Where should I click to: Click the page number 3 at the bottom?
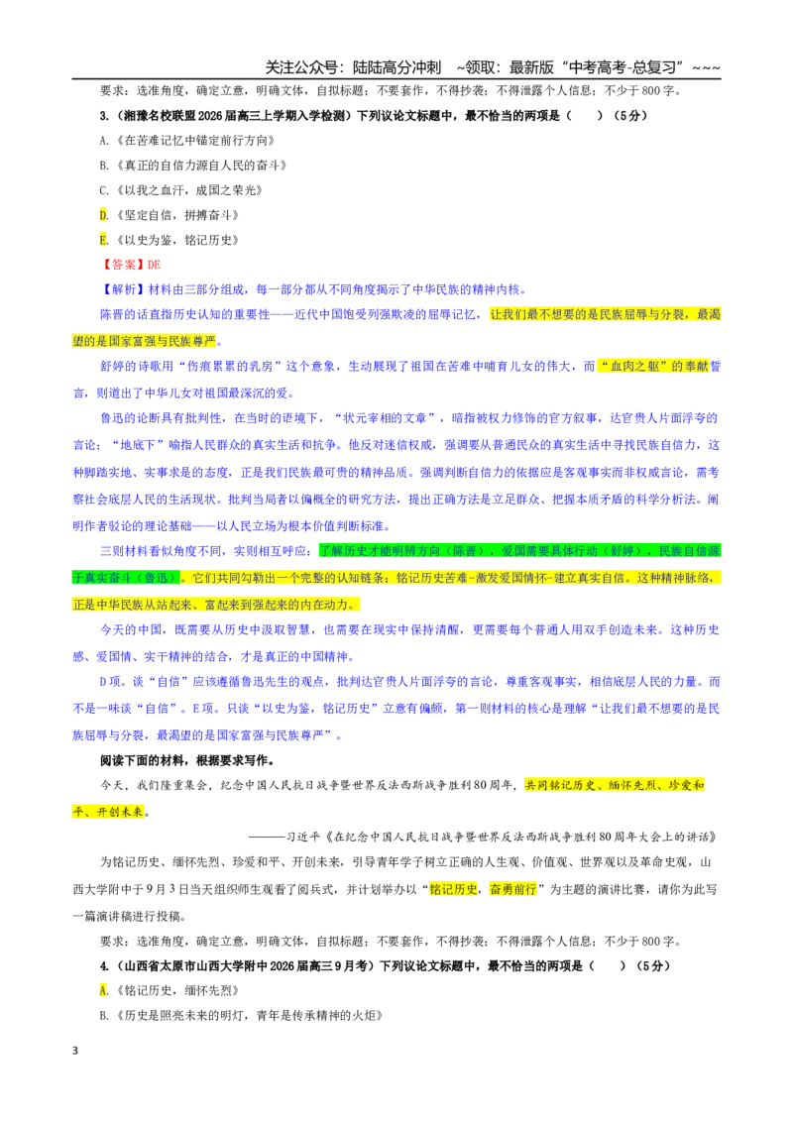(75, 1051)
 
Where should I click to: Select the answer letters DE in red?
(154, 265)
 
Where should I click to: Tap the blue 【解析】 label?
(122, 289)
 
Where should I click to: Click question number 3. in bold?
(104, 116)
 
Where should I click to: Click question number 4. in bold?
(104, 966)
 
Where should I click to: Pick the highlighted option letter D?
(104, 215)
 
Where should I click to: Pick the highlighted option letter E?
(104, 241)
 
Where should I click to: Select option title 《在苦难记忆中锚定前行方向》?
(194, 141)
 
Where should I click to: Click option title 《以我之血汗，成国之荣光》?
(188, 190)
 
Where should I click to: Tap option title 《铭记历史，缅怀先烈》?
(176, 991)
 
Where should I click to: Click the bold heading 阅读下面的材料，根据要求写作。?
(187, 760)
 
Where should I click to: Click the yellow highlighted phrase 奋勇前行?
(512, 889)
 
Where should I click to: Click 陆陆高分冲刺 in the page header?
(396, 67)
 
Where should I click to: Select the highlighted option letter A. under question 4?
(104, 991)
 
